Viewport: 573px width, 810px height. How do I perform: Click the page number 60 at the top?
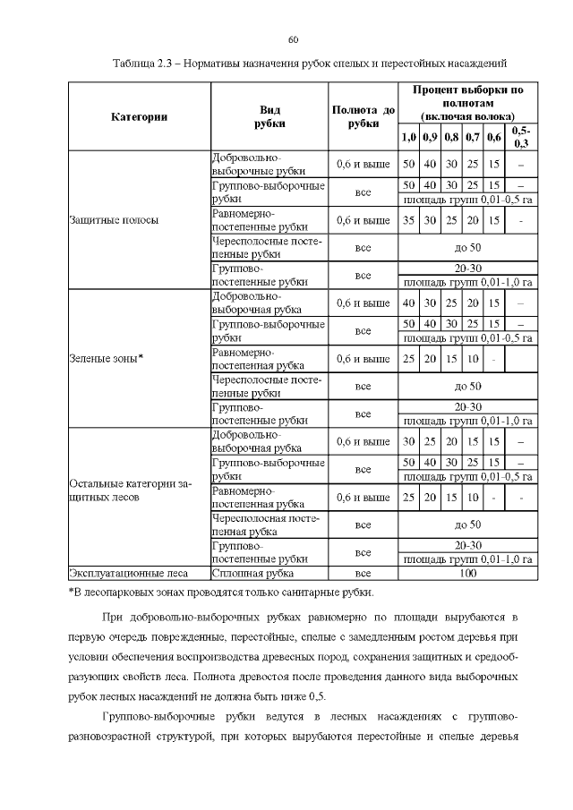[x=293, y=38]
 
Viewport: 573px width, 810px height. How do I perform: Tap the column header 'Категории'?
[x=139, y=116]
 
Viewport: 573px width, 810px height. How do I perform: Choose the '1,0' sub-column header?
[x=408, y=137]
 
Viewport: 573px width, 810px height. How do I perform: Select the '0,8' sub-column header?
[x=451, y=137]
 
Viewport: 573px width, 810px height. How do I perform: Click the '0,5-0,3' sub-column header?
[x=520, y=137]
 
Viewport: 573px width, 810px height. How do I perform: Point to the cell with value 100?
[x=467, y=572]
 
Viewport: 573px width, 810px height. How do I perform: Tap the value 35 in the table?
[x=408, y=220]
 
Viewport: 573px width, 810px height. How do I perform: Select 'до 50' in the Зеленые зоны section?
[x=467, y=386]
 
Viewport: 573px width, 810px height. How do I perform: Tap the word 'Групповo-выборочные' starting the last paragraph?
[x=158, y=719]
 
